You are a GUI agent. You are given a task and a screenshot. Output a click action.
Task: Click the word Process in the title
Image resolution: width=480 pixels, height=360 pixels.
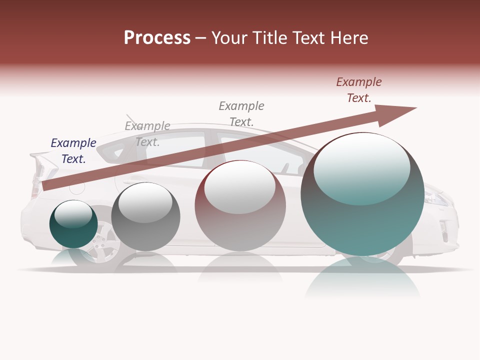click(x=157, y=38)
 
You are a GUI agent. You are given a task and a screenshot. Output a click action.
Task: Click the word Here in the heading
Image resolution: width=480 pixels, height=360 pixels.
click(x=348, y=38)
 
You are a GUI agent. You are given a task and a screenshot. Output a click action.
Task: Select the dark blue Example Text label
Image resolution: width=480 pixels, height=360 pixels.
click(x=73, y=151)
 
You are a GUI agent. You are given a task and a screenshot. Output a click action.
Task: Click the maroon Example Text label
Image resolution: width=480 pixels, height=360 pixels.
click(x=358, y=90)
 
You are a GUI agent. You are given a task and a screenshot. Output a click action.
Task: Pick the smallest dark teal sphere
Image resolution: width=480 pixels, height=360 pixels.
click(x=73, y=224)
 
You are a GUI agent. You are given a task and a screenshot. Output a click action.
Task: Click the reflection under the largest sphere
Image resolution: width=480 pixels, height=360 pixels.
click(x=362, y=277)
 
